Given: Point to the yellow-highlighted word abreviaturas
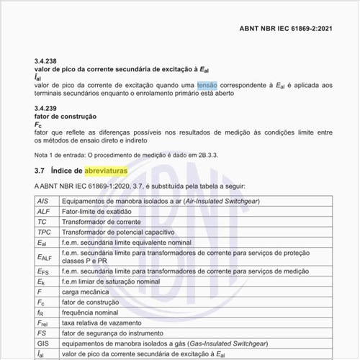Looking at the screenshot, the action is coord(106,171).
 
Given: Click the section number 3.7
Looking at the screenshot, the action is coord(40,171).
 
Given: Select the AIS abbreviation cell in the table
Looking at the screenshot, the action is coord(42,202).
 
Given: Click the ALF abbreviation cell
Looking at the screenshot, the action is coord(43,212).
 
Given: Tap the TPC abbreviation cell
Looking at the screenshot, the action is coord(44,233).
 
